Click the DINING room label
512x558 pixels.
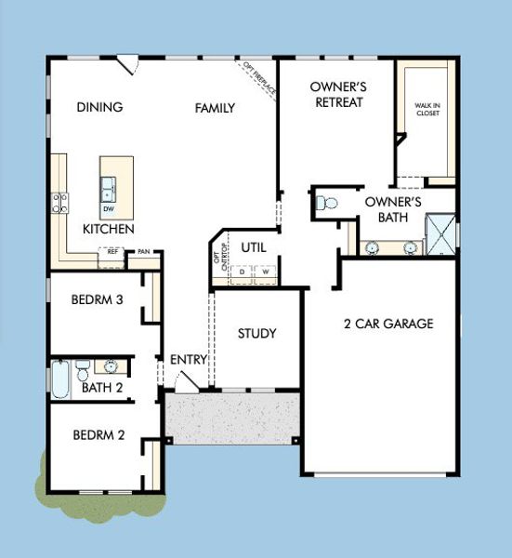click(x=100, y=107)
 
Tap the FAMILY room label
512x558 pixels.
click(x=215, y=108)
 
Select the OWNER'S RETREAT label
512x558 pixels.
click(x=338, y=95)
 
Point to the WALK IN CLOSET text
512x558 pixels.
click(x=427, y=111)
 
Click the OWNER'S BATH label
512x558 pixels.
click(x=393, y=208)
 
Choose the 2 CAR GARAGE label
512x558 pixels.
click(x=388, y=325)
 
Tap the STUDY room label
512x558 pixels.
click(x=256, y=334)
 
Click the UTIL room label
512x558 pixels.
click(x=254, y=248)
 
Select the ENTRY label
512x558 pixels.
click(x=188, y=360)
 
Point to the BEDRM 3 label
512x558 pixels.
click(x=98, y=300)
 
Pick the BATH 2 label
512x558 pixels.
click(x=102, y=387)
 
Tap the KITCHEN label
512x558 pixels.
click(x=108, y=229)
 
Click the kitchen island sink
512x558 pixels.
click(x=109, y=190)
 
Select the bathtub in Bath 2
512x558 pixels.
click(x=59, y=379)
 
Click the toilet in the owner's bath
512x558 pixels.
click(x=326, y=203)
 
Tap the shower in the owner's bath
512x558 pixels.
click(x=440, y=236)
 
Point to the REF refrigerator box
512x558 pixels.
click(x=112, y=251)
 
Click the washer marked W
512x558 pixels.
click(x=266, y=272)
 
